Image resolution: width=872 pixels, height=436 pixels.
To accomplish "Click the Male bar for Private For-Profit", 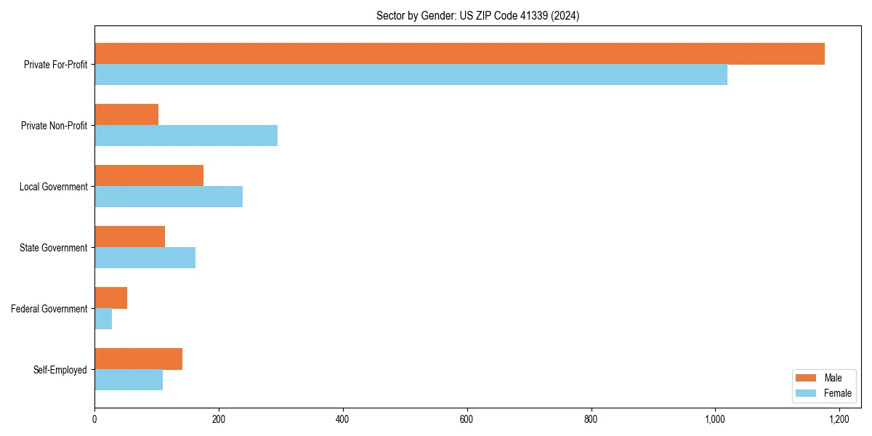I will point(459,54).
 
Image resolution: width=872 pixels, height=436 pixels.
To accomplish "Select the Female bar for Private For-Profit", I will point(411,75).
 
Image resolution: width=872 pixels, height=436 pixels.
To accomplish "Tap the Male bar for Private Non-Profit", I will point(126,115).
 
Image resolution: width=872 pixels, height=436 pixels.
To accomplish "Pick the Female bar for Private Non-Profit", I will point(186,136).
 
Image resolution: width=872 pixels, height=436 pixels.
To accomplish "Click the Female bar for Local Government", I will point(169,197).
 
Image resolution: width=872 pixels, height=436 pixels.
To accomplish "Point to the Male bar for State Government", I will point(129,237).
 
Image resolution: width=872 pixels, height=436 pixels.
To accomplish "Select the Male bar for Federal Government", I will point(110,298).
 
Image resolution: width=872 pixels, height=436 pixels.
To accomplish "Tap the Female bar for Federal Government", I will point(103,319).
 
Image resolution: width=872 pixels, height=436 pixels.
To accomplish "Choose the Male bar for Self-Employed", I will point(138,359).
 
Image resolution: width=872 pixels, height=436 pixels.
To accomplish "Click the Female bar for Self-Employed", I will point(129,380).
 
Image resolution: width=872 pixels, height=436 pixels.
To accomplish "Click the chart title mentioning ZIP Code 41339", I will point(477,16).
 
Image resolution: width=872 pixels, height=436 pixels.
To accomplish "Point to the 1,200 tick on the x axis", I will point(839,419).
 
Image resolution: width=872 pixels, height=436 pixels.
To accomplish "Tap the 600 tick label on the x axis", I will point(467,419).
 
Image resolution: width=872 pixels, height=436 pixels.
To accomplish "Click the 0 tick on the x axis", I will point(94,419).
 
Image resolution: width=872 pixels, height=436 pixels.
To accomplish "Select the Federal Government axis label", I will point(49,309).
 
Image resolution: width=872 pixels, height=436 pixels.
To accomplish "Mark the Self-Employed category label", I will point(60,370).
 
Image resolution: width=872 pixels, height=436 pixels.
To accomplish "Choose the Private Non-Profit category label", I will point(54,126).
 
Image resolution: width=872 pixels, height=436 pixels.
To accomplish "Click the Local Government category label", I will point(53,187).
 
